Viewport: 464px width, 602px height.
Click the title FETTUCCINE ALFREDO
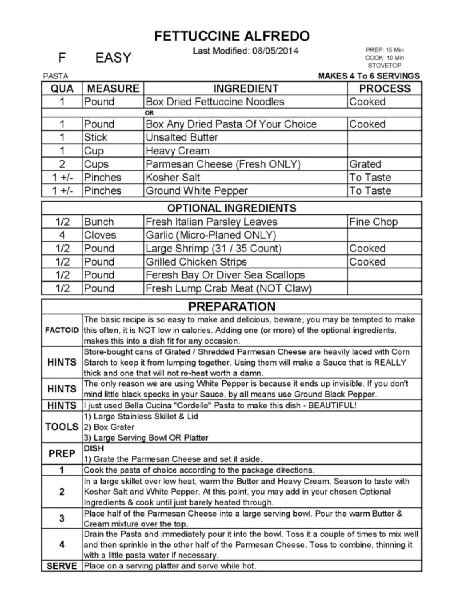pos(232,36)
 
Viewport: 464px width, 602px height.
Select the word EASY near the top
pos(113,58)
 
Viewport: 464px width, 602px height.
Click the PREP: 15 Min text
pos(384,50)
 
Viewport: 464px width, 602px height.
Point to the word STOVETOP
pos(384,66)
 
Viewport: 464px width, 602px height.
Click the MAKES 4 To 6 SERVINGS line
pos(368,76)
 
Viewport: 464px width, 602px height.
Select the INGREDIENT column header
pos(245,88)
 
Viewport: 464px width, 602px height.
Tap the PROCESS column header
pos(384,88)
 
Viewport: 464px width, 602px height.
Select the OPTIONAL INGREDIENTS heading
pos(232,208)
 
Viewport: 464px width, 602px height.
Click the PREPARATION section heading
pos(232,307)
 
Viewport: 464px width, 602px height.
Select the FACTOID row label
pos(62,331)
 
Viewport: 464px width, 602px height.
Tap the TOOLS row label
pos(62,427)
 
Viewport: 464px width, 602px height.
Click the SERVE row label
pos(62,566)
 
